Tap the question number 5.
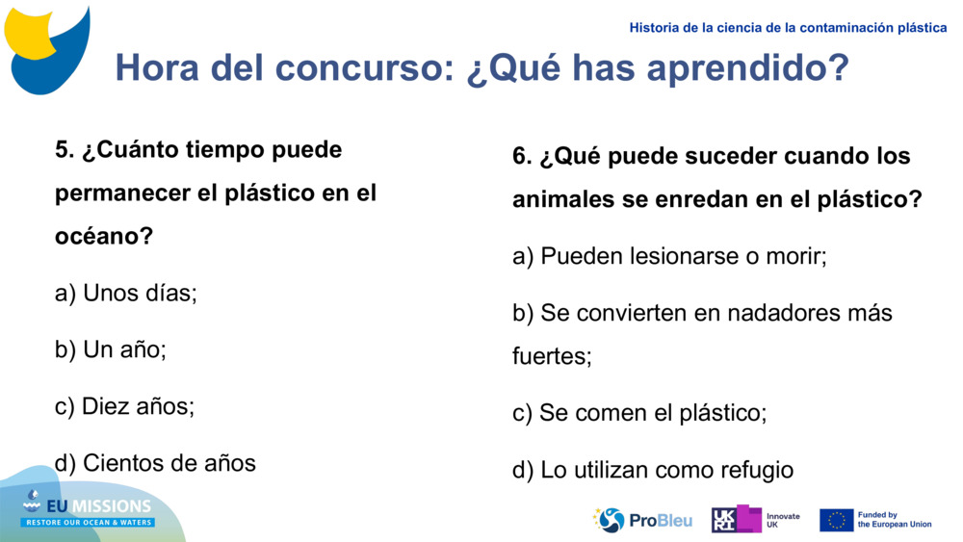point(64,150)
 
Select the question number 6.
point(521,156)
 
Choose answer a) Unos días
point(126,293)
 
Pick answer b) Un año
point(111,349)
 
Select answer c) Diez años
point(124,406)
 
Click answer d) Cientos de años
point(155,463)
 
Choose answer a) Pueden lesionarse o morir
point(669,257)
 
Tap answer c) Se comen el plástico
point(639,413)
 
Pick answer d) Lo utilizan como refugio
point(653,470)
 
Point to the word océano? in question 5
point(104,236)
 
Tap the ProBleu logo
point(642,520)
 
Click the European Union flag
point(836,520)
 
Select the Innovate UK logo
point(755,520)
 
